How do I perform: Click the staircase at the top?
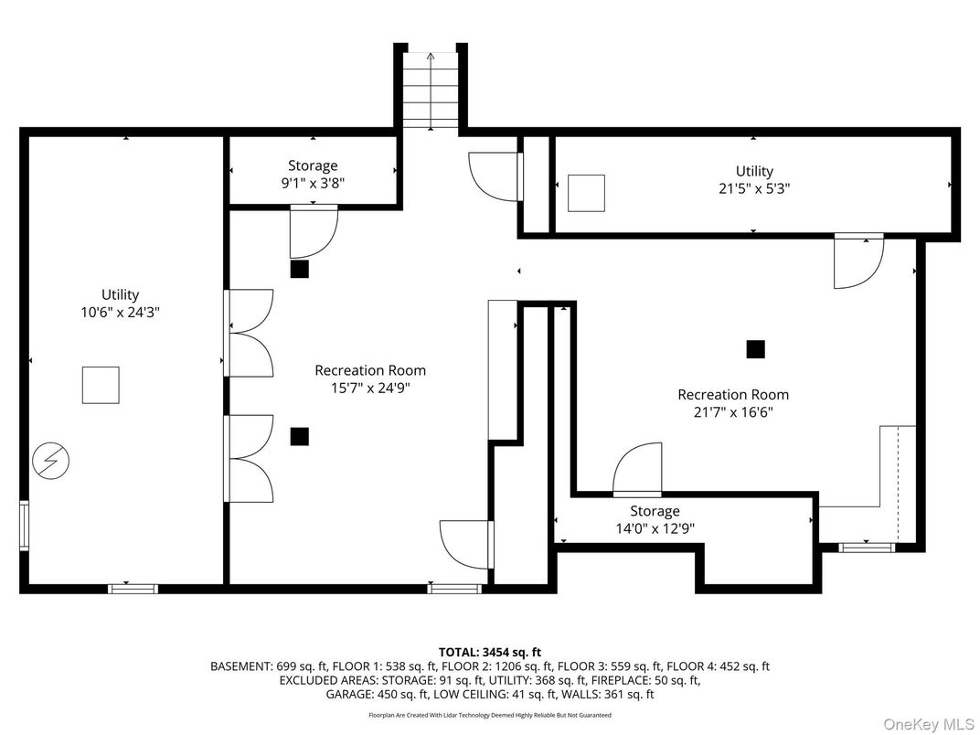pos(431,90)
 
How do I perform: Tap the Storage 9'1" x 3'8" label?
pos(313,174)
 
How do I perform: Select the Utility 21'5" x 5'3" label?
pos(754,179)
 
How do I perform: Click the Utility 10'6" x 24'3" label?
pos(120,303)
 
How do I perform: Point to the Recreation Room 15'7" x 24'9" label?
pos(370,378)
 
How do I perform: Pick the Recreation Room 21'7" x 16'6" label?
pos(732,403)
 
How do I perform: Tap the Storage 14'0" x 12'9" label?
pos(655,519)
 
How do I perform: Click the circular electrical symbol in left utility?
pos(50,460)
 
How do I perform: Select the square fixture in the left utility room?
pos(101,385)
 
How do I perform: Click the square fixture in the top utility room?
pos(586,193)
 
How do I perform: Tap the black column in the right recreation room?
pos(755,349)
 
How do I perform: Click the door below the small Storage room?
pos(314,233)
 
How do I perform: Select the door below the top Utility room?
pos(858,261)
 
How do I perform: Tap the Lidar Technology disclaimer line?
pos(490,715)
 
